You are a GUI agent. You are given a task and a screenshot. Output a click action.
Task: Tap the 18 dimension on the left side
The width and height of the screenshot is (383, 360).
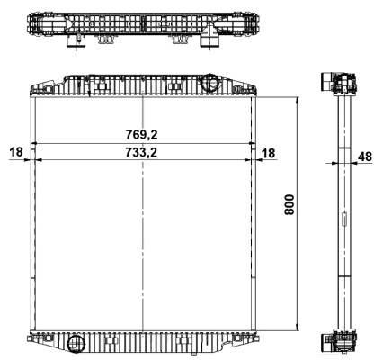coord(16,152)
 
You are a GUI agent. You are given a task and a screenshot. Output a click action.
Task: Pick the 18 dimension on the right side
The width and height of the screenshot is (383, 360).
coord(269,154)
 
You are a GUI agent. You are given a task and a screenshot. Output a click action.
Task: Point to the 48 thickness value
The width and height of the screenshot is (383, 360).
coord(364,157)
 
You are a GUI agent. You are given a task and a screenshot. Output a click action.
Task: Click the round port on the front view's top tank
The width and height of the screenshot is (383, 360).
coord(211,84)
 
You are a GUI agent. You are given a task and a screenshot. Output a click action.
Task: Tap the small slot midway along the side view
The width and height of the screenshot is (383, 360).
coord(343,220)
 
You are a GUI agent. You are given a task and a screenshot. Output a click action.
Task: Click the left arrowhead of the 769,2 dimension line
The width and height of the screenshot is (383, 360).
coord(34,144)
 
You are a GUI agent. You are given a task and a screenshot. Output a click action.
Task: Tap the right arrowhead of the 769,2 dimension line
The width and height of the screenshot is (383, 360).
coord(254,144)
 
